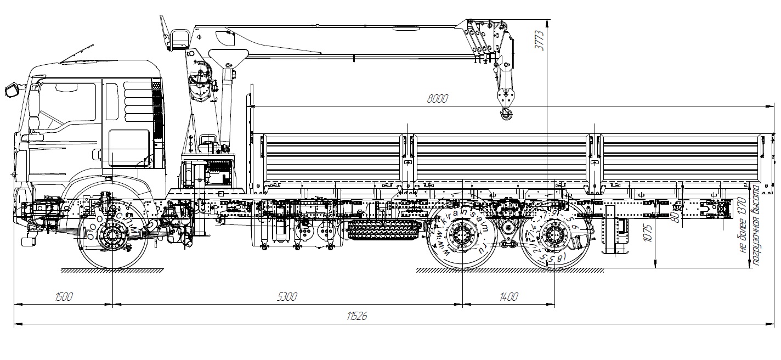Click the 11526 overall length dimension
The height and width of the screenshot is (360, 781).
coord(357,317)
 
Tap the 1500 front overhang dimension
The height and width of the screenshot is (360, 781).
coord(64,297)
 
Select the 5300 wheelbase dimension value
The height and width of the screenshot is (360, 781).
coord(287,297)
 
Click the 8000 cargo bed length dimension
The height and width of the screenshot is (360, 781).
coord(437,99)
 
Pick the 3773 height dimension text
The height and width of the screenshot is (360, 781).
coord(540,40)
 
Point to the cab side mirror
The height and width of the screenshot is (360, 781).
coord(12,89)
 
